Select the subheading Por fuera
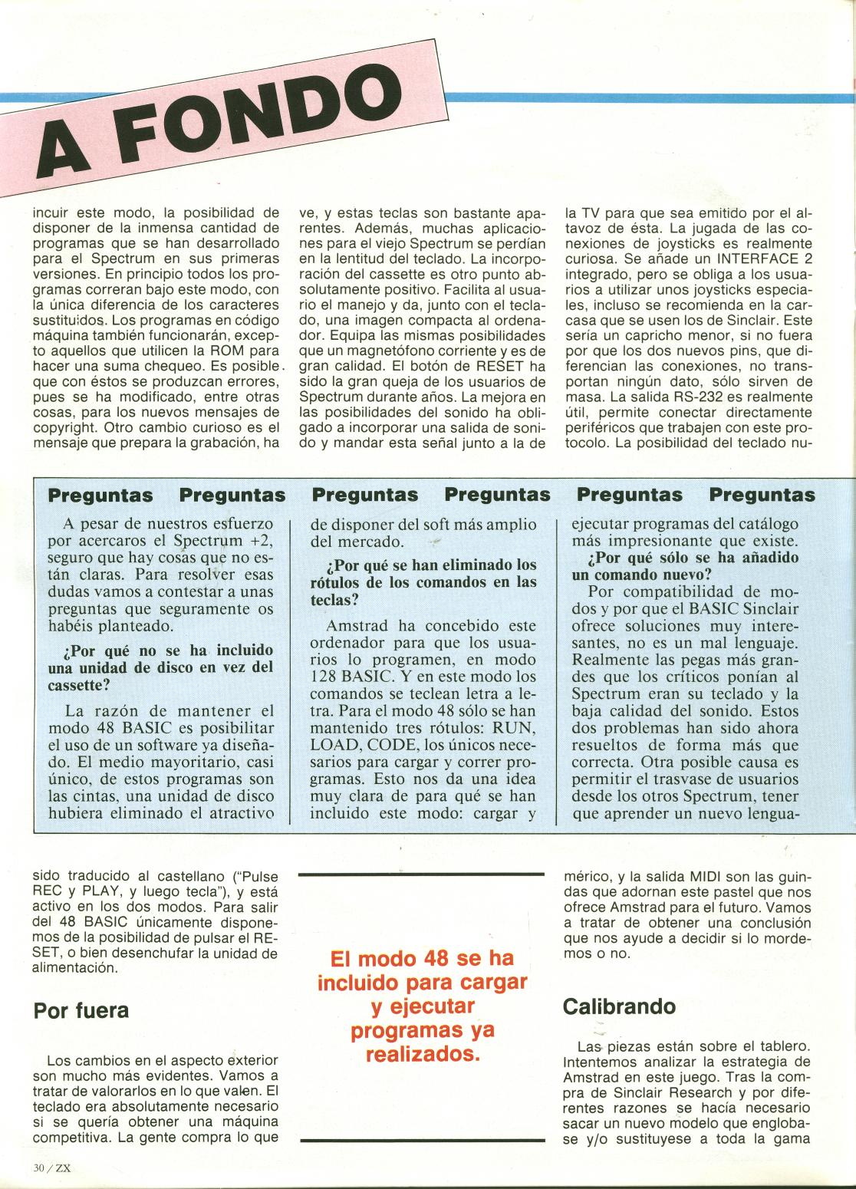81,1010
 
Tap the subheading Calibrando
619,1006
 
